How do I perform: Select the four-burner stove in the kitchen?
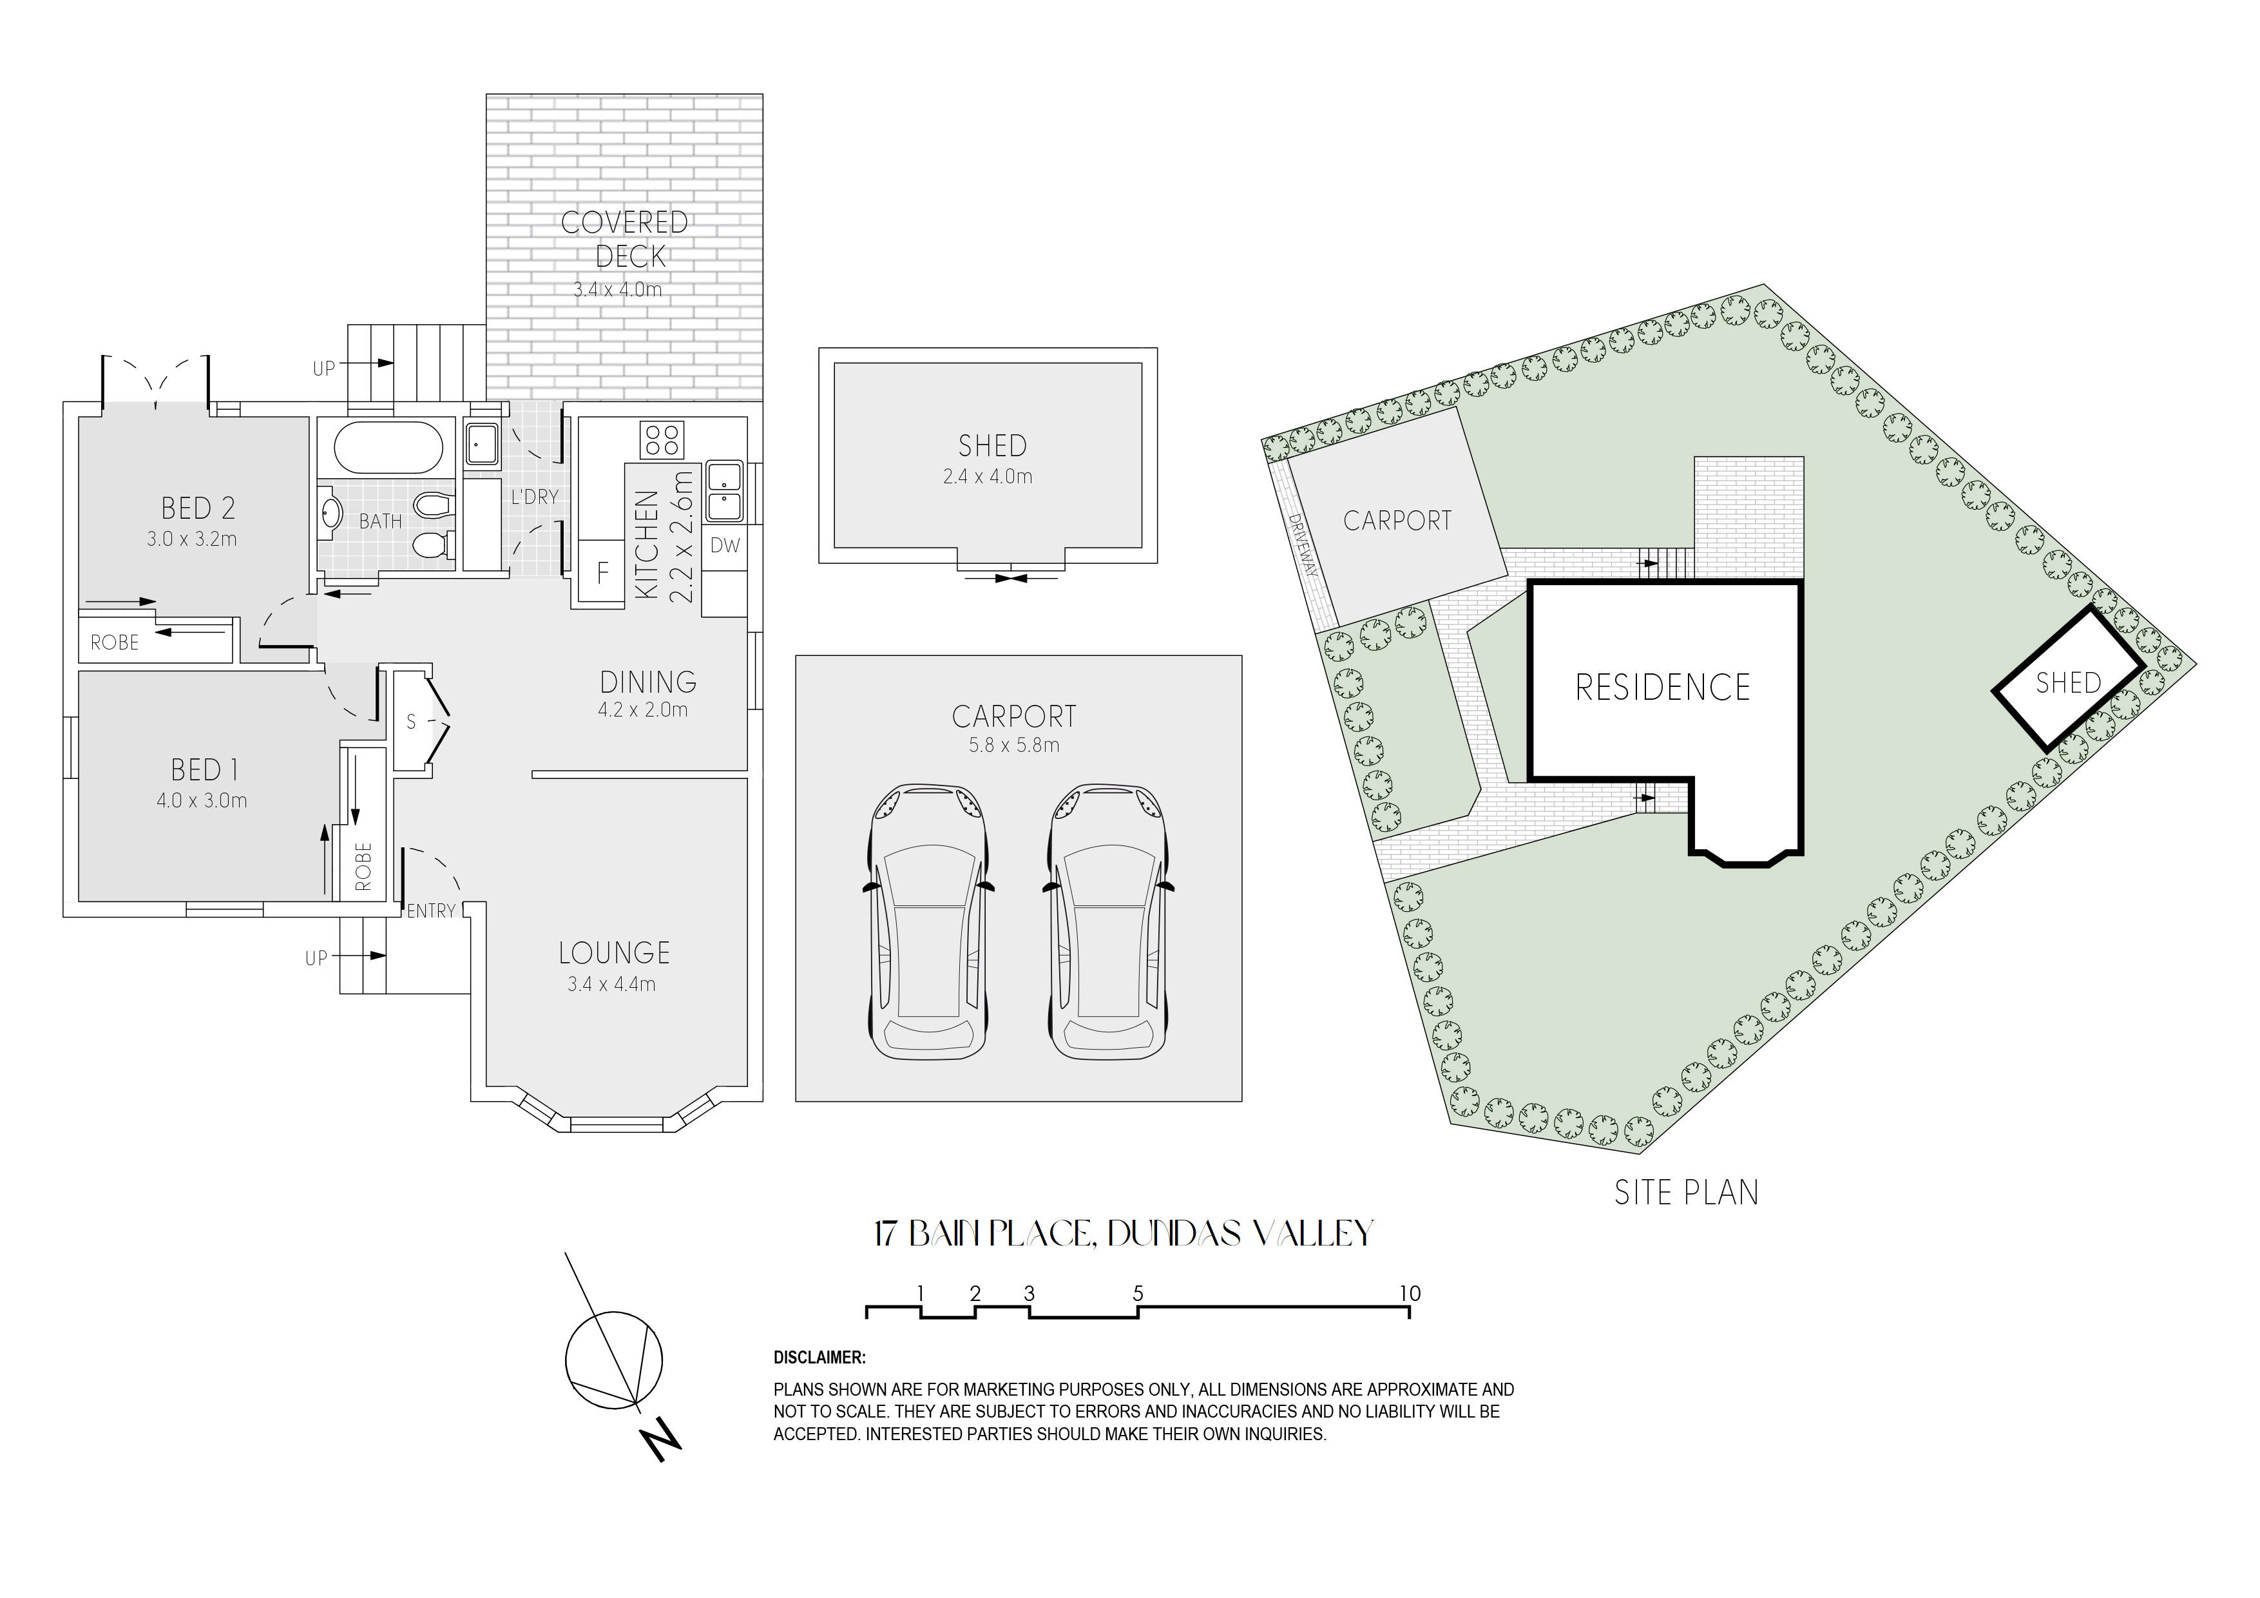click(x=662, y=439)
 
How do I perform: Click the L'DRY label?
click(x=535, y=497)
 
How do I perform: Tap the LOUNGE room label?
click(x=614, y=953)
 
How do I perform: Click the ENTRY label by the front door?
click(x=431, y=912)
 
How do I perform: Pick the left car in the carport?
click(x=926, y=923)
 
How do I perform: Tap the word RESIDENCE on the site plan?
click(x=1663, y=688)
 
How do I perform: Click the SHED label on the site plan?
click(x=2068, y=682)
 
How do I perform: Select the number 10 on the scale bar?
click(x=1410, y=1294)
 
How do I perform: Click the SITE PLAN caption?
click(x=1686, y=1193)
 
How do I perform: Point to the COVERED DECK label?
click(x=625, y=239)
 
